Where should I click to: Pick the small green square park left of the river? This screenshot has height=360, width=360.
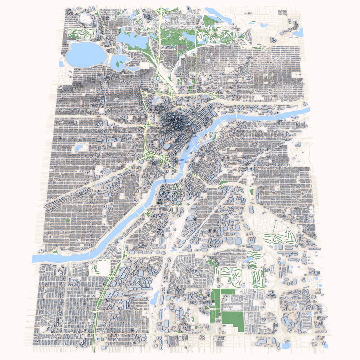pos(68,220)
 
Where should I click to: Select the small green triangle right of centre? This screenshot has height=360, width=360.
pos(252,192)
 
